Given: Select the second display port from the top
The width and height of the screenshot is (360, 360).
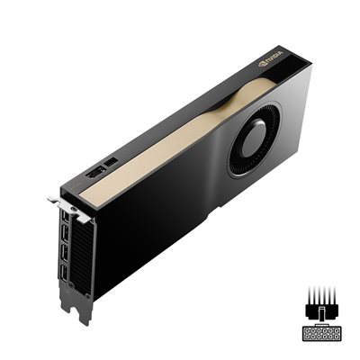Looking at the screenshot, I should (67, 237).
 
